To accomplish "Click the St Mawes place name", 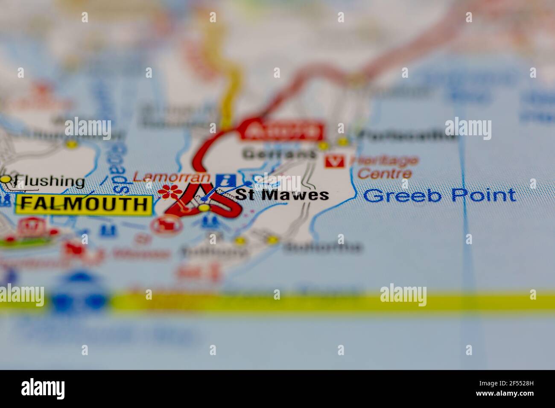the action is pyautogui.click(x=282, y=195).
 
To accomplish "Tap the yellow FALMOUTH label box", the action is pyautogui.click(x=84, y=204).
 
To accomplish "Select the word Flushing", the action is pyautogui.click(x=48, y=181).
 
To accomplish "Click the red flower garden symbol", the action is pyautogui.click(x=167, y=192).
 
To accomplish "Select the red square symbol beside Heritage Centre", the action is pyautogui.click(x=334, y=161).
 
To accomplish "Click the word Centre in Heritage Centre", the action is pyautogui.click(x=384, y=173).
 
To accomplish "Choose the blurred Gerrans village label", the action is pyautogui.click(x=279, y=154).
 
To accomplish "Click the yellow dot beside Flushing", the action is pyautogui.click(x=6, y=180).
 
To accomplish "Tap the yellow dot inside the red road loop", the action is pyautogui.click(x=204, y=208).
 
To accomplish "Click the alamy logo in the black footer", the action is pyautogui.click(x=43, y=389).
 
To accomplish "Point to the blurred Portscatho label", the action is pyautogui.click(x=407, y=136).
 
